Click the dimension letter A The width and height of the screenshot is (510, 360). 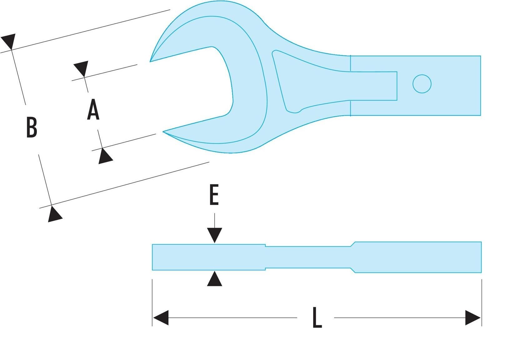coord(93,109)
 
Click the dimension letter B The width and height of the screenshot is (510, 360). coord(32,127)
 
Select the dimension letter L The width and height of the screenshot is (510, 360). coord(317,317)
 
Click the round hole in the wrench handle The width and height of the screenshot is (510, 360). coord(422,84)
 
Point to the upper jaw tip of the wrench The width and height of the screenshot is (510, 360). coord(150,62)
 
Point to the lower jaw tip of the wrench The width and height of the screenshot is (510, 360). coord(163,132)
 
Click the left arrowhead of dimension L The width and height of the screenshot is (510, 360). coord(161,317)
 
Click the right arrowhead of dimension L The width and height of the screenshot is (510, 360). coord(473,317)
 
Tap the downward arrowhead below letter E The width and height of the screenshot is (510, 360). coord(214,235)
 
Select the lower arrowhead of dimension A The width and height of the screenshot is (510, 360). coord(105,156)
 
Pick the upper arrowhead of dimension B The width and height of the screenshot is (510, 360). coord(9,41)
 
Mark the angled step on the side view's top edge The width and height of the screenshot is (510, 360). coord(353,244)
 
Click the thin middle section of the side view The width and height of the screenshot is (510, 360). coord(308,257)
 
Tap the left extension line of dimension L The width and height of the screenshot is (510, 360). coord(152,303)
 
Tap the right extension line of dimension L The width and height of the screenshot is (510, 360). coord(482,303)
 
